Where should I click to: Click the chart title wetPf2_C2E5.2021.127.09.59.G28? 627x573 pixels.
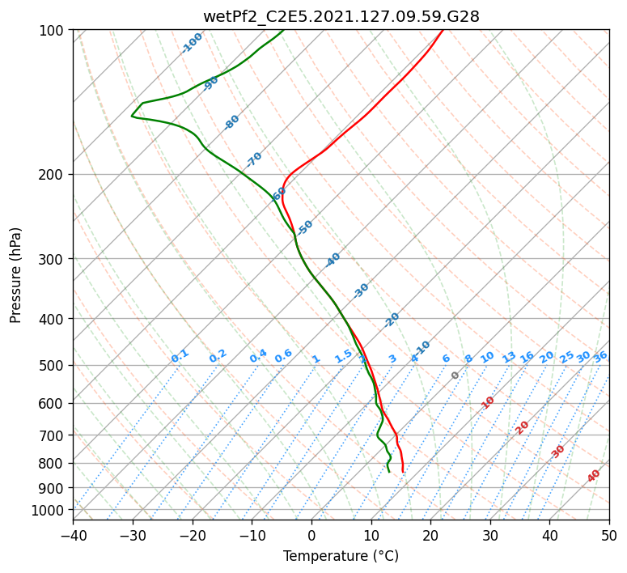click(341, 16)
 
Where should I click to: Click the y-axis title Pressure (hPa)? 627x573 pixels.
click(16, 274)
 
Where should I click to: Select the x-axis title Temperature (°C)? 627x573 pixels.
click(341, 556)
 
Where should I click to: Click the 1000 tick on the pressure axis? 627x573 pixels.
click(49, 510)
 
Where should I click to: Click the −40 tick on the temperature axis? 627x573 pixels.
click(73, 535)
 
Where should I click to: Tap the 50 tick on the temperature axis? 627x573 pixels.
click(609, 535)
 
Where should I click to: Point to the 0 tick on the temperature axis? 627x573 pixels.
click(311, 535)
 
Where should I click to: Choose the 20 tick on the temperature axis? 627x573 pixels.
click(430, 535)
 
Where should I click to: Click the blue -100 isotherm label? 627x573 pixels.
click(193, 43)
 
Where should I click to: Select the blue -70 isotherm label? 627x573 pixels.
click(254, 159)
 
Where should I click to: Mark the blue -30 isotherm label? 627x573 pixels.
click(361, 291)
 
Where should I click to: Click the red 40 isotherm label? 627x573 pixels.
click(594, 476)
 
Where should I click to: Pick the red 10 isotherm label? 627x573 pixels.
click(488, 402)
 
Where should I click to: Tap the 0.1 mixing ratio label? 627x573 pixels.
click(180, 355)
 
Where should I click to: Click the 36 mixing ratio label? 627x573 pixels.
click(600, 356)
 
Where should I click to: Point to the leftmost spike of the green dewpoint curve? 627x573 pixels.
click(132, 117)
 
